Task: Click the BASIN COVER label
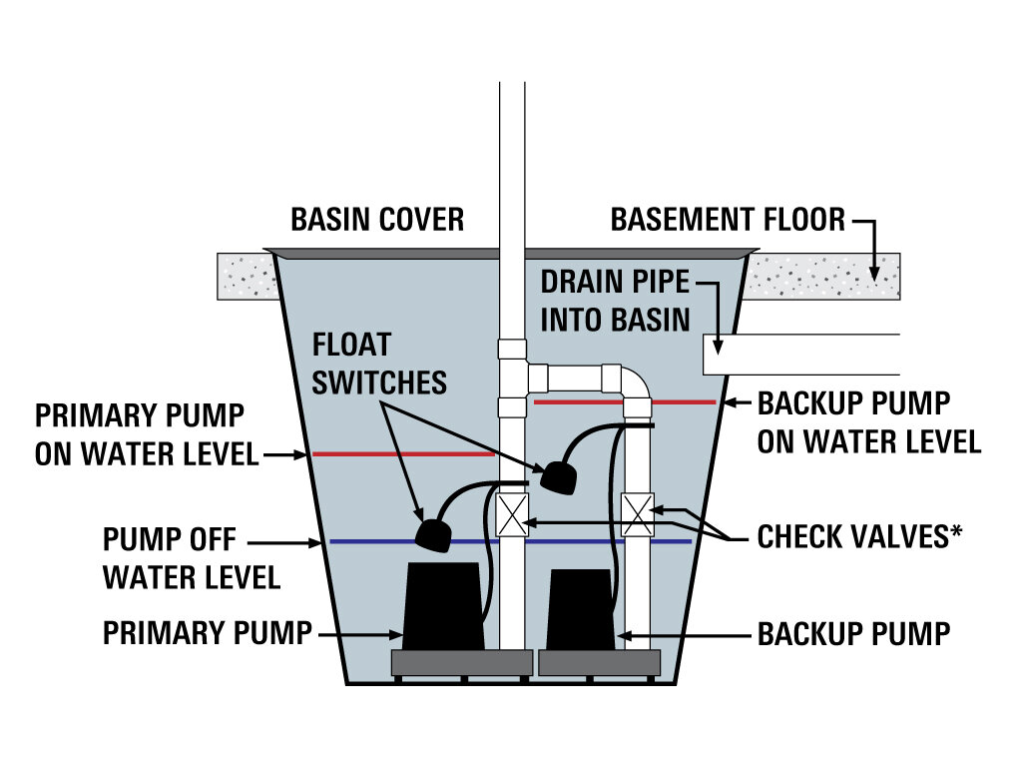[x=377, y=219]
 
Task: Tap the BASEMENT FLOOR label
[x=728, y=219]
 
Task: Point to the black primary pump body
[x=442, y=604]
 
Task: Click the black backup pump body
[x=583, y=608]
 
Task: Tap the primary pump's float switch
[x=434, y=534]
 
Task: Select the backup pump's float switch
[x=559, y=476]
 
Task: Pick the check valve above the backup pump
[x=637, y=514]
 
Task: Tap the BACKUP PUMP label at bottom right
[x=853, y=632]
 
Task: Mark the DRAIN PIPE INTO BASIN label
[x=615, y=300]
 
